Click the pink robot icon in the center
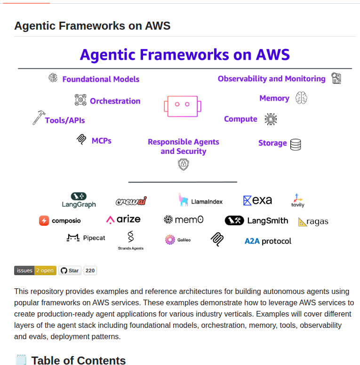(183, 105)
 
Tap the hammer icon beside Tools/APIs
(38, 118)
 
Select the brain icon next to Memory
(301, 98)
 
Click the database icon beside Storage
(296, 144)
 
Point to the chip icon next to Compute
(271, 119)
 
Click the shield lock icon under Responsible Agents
(184, 164)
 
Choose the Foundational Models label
(101, 79)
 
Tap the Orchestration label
(115, 101)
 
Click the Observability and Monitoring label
(272, 79)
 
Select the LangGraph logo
(79, 200)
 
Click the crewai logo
(131, 201)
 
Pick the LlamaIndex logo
(200, 200)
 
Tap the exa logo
(257, 200)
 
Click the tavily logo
(297, 200)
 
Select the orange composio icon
(44, 220)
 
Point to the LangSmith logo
(256, 220)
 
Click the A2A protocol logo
(268, 241)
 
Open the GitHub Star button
(70, 270)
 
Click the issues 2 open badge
(35, 270)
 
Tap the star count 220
(90, 270)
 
